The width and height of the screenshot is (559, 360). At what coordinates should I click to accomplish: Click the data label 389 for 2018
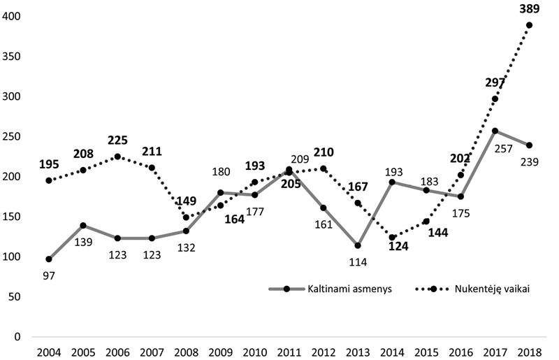tap(529, 8)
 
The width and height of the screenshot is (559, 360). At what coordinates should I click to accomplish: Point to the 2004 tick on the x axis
tap(49, 350)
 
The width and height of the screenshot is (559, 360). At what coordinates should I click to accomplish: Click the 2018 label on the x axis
tap(529, 350)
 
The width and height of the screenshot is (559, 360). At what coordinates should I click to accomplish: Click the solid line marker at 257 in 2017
tap(495, 131)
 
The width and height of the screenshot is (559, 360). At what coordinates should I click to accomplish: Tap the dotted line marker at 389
tap(529, 25)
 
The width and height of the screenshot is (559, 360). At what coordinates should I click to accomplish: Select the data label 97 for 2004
tap(49, 275)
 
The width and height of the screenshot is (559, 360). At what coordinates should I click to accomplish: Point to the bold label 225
tap(117, 140)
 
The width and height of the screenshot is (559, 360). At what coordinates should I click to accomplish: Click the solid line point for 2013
tap(358, 245)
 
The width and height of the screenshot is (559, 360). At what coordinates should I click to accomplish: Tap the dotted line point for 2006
tap(117, 157)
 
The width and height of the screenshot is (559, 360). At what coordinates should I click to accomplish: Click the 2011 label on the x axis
tap(289, 350)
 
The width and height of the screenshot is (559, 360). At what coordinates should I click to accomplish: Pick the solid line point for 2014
tap(392, 182)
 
